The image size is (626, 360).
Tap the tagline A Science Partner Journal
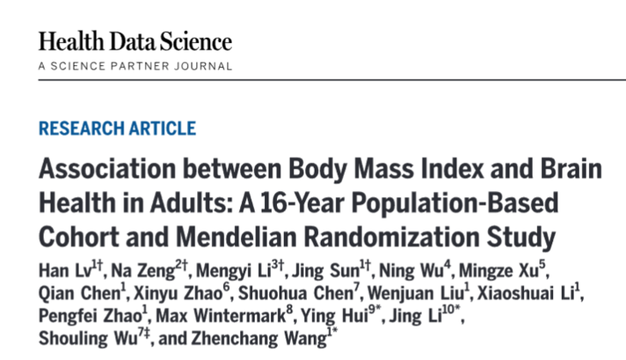point(135,66)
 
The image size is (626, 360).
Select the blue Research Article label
point(117,129)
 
